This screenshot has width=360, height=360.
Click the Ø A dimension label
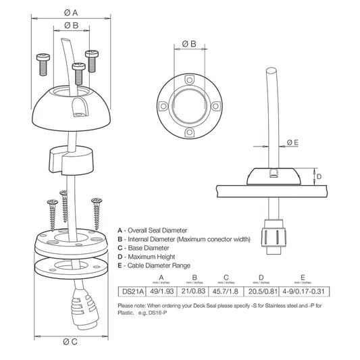coord(70,11)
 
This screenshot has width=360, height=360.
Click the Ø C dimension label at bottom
coord(70,341)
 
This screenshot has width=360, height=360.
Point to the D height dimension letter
coord(318,177)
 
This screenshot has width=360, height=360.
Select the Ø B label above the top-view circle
coord(189,44)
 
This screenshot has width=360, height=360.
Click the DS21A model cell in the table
coord(133,291)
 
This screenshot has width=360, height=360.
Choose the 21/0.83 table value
coord(195,291)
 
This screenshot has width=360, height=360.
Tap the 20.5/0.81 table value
coord(262,291)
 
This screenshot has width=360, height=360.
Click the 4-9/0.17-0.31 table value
coord(304,291)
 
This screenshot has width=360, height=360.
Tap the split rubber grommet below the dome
coord(70,161)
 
